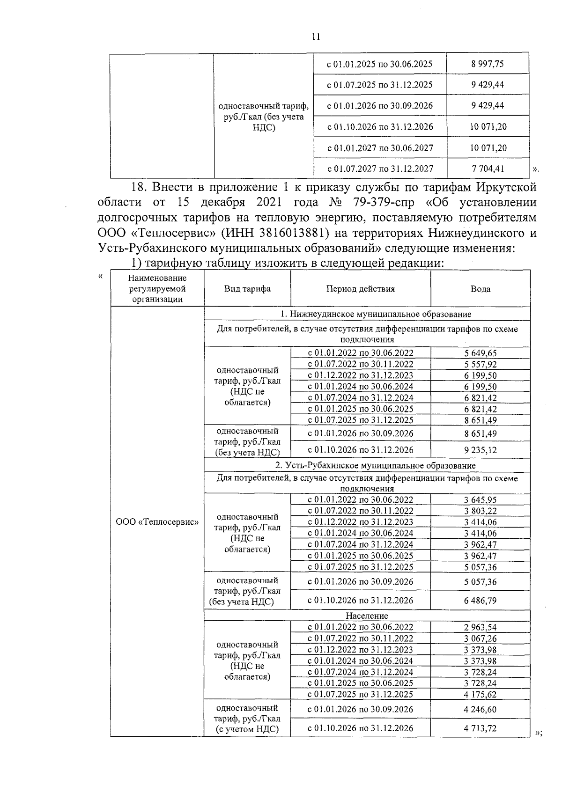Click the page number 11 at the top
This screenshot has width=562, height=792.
coord(315,37)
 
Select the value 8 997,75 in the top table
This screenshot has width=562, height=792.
coord(488,64)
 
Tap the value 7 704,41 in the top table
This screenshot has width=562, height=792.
coord(488,168)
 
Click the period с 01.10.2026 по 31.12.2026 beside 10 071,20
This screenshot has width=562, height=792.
coord(380,126)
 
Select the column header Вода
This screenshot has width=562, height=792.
coord(480,289)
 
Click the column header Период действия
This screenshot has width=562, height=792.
coord(360,289)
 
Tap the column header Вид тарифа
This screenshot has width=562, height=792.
coord(247,289)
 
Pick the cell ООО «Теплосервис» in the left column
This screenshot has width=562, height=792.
coord(157,522)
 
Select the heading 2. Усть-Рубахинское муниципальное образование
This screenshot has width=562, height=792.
coord(375,465)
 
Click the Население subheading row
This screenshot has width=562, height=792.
coord(367,616)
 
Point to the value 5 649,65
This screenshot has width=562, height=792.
coord(480,353)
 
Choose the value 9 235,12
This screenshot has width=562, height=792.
coord(480,450)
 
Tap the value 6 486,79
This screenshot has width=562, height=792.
coord(480,601)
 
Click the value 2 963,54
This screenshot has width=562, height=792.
coord(480,627)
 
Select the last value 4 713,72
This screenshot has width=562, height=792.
coord(480,728)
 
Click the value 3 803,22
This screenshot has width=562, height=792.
coord(480,511)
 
